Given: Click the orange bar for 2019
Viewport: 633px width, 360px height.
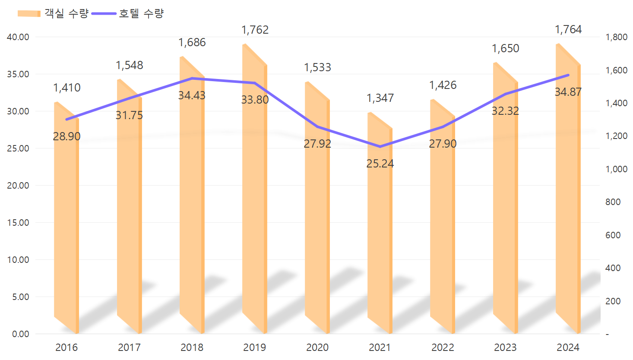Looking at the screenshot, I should pyautogui.click(x=254, y=194).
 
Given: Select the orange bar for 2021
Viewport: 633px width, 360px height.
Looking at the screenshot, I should pyautogui.click(x=380, y=224).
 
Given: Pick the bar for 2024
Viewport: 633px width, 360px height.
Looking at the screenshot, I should pyautogui.click(x=568, y=194).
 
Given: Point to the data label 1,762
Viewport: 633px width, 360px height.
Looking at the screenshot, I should pyautogui.click(x=255, y=30).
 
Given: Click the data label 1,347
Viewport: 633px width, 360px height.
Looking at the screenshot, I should pyautogui.click(x=380, y=98).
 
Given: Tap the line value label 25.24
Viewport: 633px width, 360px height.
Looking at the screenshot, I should pyautogui.click(x=380, y=164).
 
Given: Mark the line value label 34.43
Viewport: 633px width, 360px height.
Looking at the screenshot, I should pyautogui.click(x=192, y=95).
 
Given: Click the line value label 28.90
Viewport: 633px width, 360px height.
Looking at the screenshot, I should pyautogui.click(x=66, y=136).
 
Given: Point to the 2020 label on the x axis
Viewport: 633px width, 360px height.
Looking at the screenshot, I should pyautogui.click(x=317, y=347).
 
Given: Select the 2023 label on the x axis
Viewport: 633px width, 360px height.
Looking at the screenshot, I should pyautogui.click(x=505, y=347).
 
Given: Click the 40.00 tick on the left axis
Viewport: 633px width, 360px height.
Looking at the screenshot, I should pyautogui.click(x=18, y=37).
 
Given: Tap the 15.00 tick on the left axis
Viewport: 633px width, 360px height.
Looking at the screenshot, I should pyautogui.click(x=18, y=223).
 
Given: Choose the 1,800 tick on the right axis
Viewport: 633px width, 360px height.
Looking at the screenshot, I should pyautogui.click(x=617, y=37).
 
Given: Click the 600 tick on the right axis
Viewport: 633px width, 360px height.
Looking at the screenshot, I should pyautogui.click(x=613, y=235).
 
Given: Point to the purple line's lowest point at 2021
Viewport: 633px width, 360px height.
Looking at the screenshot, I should pyautogui.click(x=380, y=147).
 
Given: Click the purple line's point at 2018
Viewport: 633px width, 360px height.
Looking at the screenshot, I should pyautogui.click(x=192, y=79).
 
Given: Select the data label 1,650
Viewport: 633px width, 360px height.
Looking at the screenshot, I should pyautogui.click(x=505, y=48).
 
